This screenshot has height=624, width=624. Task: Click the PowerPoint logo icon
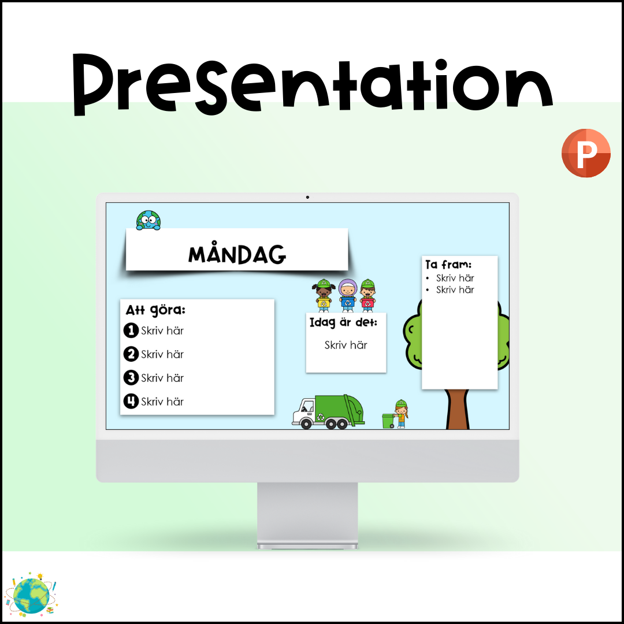click(x=586, y=153)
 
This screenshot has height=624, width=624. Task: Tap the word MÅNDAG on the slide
click(x=237, y=253)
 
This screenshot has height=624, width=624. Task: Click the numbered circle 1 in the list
click(x=131, y=330)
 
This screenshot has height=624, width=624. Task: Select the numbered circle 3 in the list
click(x=131, y=378)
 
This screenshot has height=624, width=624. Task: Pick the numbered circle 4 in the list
click(x=131, y=401)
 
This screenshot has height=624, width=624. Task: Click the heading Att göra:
click(x=155, y=310)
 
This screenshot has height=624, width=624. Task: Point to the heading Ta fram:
click(x=448, y=264)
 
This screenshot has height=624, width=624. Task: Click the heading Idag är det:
click(x=343, y=322)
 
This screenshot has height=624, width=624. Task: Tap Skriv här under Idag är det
click(x=346, y=345)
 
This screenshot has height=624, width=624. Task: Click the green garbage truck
click(x=328, y=412)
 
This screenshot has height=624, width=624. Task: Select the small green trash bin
click(x=388, y=421)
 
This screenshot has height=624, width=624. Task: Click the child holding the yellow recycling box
click(x=324, y=296)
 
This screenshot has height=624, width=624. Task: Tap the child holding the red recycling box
click(x=367, y=296)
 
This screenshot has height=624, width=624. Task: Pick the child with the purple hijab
click(x=348, y=296)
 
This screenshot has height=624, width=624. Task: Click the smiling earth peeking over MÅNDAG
click(x=148, y=221)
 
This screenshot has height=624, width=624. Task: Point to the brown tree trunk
click(x=458, y=410)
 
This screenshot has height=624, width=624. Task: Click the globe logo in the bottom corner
click(x=31, y=595)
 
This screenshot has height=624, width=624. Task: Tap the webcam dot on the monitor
click(x=307, y=197)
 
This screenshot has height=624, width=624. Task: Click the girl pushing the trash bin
click(x=401, y=414)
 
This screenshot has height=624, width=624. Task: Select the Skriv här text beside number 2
click(x=162, y=354)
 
